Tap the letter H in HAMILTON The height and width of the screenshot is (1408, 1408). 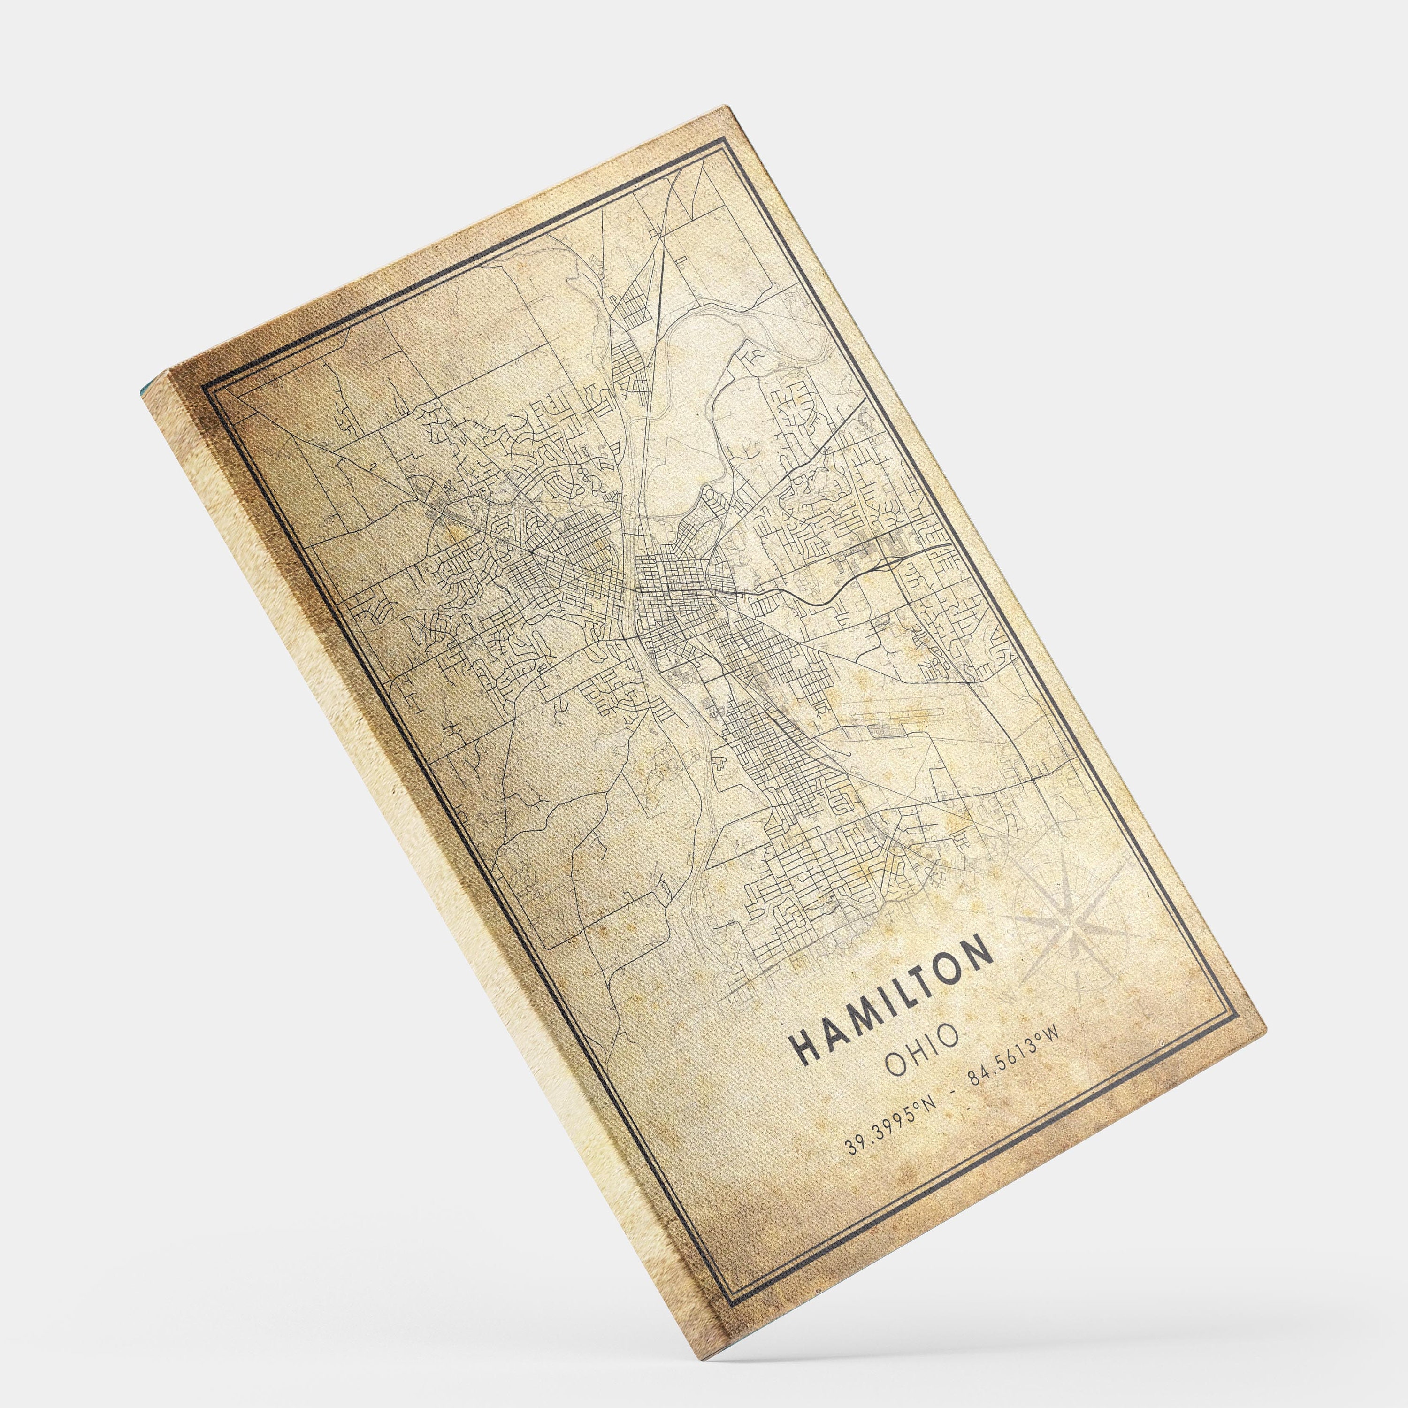pyautogui.click(x=804, y=1047)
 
